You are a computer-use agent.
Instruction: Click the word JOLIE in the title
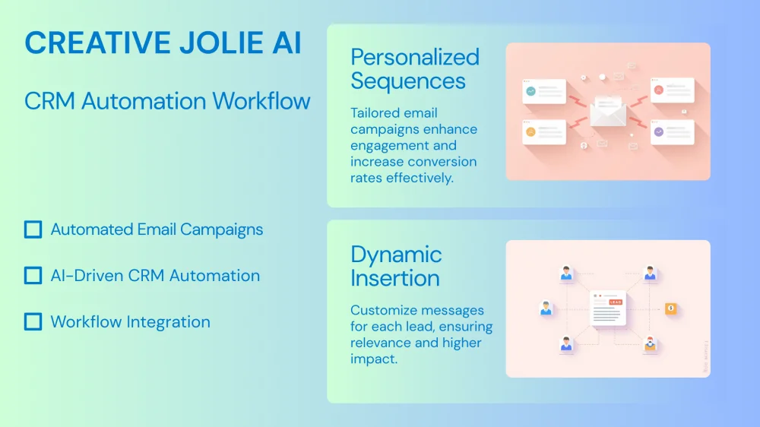pos(221,43)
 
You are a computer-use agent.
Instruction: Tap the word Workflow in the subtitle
pos(261,101)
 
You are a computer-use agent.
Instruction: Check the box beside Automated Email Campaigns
pos(33,229)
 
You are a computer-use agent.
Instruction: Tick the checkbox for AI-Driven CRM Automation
pos(33,275)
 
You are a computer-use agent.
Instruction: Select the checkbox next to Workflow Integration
pos(33,321)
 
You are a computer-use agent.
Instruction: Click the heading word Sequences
pos(408,81)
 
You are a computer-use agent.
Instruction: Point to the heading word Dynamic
pos(396,255)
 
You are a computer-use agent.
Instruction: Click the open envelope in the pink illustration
pos(608,110)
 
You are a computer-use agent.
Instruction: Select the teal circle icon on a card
pos(531,91)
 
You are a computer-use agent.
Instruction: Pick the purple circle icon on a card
pos(659,132)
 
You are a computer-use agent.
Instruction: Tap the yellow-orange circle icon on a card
pos(531,132)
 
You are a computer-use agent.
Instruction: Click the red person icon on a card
pos(659,90)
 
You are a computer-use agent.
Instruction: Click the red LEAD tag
pos(616,302)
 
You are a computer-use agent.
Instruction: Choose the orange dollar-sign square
pos(671,308)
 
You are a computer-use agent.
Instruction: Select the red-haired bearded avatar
pos(650,343)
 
